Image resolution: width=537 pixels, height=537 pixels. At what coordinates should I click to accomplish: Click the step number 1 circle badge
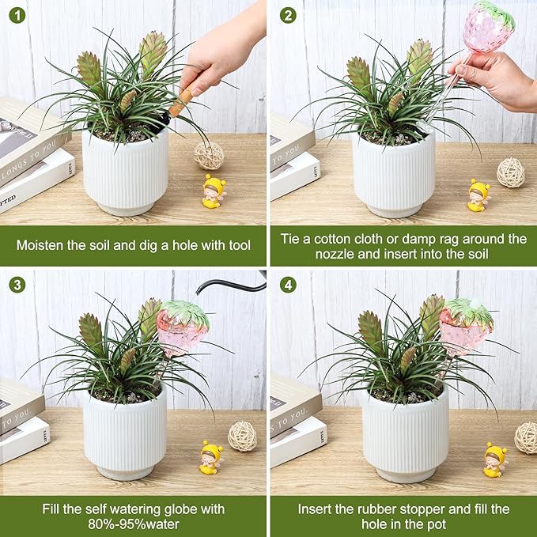coord(17,15)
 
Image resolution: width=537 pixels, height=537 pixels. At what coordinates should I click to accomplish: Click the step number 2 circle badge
coord(288,15)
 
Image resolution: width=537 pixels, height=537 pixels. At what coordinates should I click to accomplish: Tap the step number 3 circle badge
coord(17,285)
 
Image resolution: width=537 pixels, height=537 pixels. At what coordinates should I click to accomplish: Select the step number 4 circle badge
coord(288,285)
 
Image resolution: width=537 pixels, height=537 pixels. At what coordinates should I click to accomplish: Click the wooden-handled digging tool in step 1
coord(181,101)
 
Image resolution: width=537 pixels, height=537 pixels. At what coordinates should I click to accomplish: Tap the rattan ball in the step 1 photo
coord(209,155)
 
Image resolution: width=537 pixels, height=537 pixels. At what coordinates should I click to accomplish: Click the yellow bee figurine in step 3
coord(210,458)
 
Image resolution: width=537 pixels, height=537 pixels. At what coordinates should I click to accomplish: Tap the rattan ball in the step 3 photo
coord(242,436)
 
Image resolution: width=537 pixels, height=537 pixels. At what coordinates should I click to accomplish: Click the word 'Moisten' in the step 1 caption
coord(42,245)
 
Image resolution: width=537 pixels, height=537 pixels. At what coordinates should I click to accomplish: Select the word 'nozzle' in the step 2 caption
coord(338,255)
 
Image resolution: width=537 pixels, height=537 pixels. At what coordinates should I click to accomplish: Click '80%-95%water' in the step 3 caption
coord(133,524)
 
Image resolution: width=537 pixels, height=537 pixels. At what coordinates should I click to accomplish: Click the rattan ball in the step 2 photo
coord(510,172)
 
